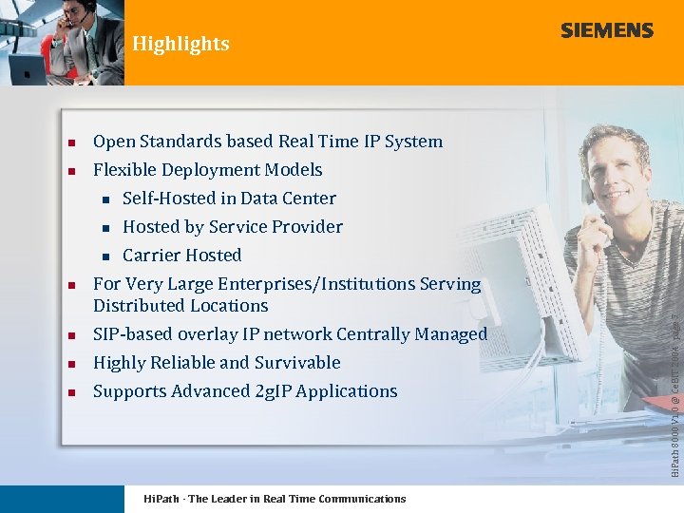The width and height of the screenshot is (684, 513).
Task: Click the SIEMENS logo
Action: tap(606, 30)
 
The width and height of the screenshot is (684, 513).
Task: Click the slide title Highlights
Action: tap(180, 44)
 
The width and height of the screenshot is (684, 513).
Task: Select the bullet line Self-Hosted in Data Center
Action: tap(229, 199)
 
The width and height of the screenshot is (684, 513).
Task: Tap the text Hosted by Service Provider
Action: tap(232, 227)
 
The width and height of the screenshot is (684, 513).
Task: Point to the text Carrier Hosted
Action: tap(181, 256)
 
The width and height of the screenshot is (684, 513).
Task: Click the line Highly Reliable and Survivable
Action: tap(217, 363)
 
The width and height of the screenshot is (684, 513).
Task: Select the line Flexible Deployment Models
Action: tap(207, 170)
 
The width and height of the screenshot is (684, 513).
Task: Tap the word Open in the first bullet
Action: tap(114, 142)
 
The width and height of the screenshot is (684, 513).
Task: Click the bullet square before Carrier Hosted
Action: tap(106, 256)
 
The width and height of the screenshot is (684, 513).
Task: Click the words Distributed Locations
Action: tap(180, 306)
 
